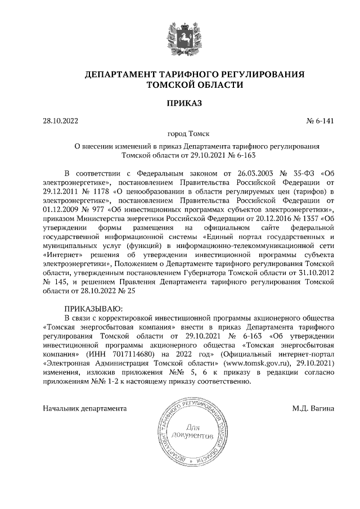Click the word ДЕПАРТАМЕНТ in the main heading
[x=120, y=74]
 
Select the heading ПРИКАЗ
[x=180, y=103]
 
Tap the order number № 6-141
[x=319, y=120]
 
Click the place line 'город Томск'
[x=180, y=134]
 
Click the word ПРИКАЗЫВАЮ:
[x=93, y=308]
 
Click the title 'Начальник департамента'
[x=84, y=408]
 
